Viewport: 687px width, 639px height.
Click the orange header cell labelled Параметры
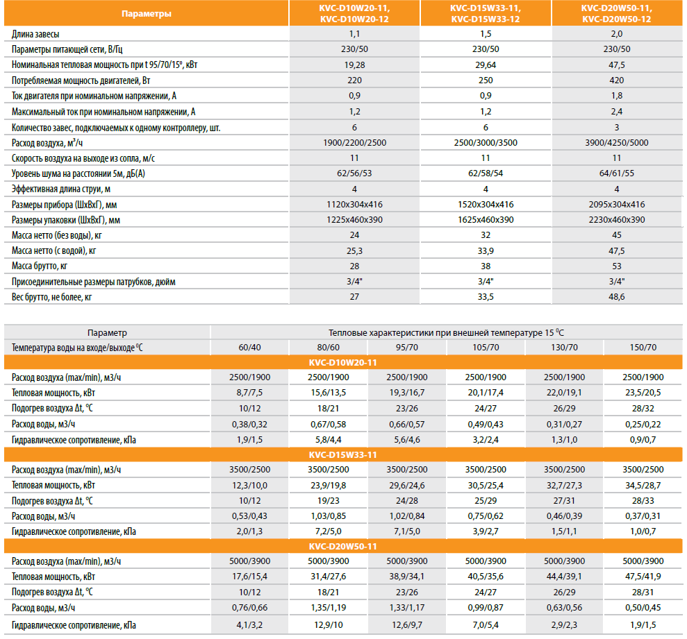pyautogui.click(x=145, y=13)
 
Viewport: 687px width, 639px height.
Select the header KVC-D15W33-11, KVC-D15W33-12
pyautogui.click(x=486, y=13)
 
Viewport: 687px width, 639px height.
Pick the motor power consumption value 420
pyautogui.click(x=616, y=80)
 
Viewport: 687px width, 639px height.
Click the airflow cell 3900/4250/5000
pyautogui.click(x=616, y=142)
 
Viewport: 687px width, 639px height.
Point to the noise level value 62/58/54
pyautogui.click(x=486, y=173)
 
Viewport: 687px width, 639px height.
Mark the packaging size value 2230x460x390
pyautogui.click(x=616, y=219)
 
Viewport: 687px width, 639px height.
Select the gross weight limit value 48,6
pyautogui.click(x=616, y=297)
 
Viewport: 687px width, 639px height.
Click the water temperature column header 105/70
pyautogui.click(x=486, y=347)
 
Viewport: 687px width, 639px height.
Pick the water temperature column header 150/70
pyautogui.click(x=643, y=347)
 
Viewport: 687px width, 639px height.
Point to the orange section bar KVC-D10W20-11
pyautogui.click(x=343, y=362)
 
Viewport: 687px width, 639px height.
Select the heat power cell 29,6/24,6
pyautogui.click(x=407, y=485)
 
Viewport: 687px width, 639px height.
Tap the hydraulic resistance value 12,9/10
pyautogui.click(x=329, y=624)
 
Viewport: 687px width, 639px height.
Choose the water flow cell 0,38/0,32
pyautogui.click(x=250, y=424)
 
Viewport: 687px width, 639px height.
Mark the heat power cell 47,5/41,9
pyautogui.click(x=643, y=577)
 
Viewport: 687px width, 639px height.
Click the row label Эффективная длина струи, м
pyautogui.click(x=63, y=189)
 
